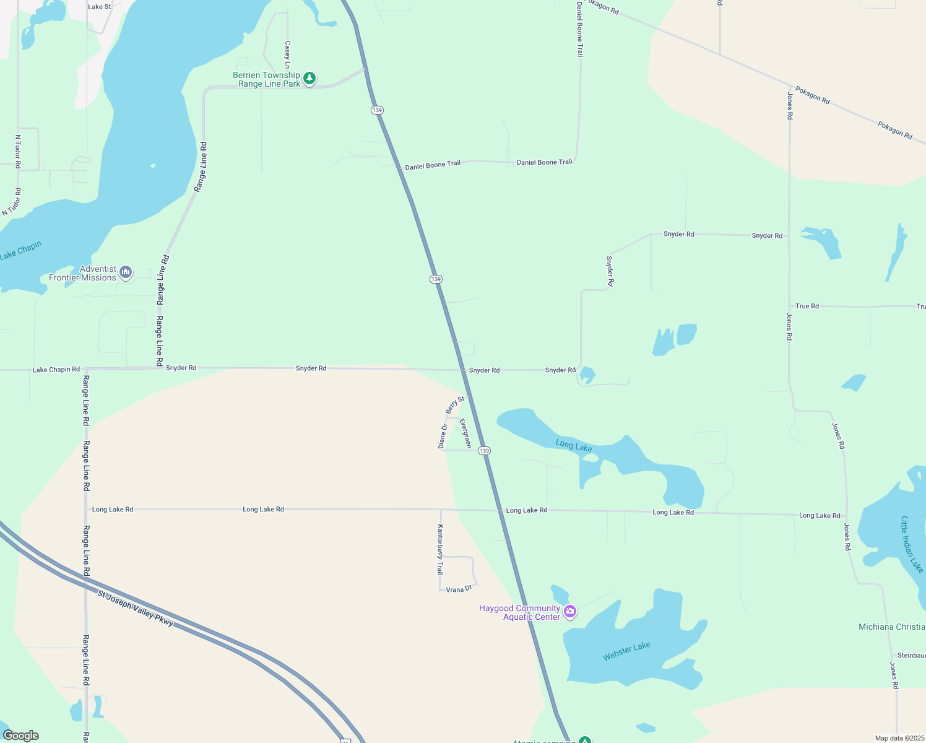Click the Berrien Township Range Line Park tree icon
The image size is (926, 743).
tap(309, 79)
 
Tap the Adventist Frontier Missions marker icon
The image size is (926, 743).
tap(126, 272)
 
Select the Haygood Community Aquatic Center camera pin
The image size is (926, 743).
tap(570, 612)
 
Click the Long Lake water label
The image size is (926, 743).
tap(574, 445)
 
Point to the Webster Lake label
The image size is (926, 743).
tap(626, 651)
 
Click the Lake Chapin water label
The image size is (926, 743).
tap(21, 250)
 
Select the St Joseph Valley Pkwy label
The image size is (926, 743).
tap(136, 608)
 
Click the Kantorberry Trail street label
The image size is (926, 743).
tap(440, 549)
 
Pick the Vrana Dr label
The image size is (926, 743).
tap(459, 589)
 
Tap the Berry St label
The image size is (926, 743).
tap(455, 405)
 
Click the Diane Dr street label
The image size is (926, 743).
tap(443, 436)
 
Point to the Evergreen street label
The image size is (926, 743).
tap(465, 433)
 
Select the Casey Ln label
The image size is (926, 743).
tap(287, 54)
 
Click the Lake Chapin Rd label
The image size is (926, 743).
tap(56, 370)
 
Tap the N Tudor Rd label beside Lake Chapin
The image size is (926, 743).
tap(11, 202)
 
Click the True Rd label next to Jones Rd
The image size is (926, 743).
tap(807, 306)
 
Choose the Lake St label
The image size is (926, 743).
tap(100, 7)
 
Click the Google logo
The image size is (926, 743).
tap(21, 735)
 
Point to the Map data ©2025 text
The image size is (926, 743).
tap(899, 738)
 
